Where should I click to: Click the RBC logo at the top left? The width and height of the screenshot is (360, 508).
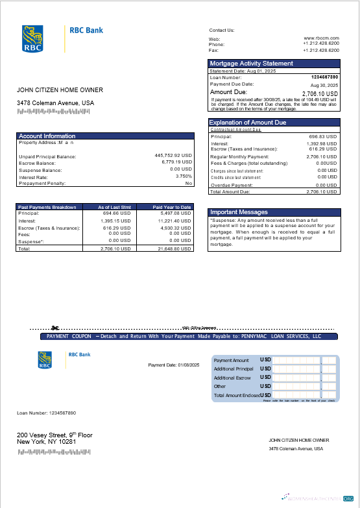(x=32, y=38)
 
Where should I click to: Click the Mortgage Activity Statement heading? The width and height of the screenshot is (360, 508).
(x=251, y=64)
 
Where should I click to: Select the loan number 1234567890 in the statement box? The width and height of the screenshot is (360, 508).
(x=324, y=77)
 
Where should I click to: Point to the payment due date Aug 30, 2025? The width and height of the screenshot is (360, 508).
(x=324, y=85)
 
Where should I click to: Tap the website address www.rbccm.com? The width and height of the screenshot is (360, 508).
(x=322, y=38)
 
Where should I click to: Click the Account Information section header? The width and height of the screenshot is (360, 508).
(x=47, y=136)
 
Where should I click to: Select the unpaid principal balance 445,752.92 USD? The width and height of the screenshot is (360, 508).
(x=173, y=156)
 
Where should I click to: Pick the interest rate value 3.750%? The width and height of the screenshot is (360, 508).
(x=184, y=176)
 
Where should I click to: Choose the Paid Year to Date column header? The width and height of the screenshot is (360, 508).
(x=172, y=207)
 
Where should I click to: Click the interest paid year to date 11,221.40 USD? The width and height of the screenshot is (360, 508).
(x=174, y=221)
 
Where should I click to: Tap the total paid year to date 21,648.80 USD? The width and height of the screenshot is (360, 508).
(x=174, y=248)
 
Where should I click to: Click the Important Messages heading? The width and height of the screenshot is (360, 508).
(x=239, y=212)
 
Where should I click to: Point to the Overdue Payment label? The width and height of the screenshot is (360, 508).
(x=232, y=185)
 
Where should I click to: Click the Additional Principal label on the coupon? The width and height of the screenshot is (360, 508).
(x=234, y=369)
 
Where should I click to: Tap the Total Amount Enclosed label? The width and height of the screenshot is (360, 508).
(x=237, y=395)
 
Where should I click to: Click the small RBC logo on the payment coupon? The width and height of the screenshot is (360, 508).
(x=45, y=359)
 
